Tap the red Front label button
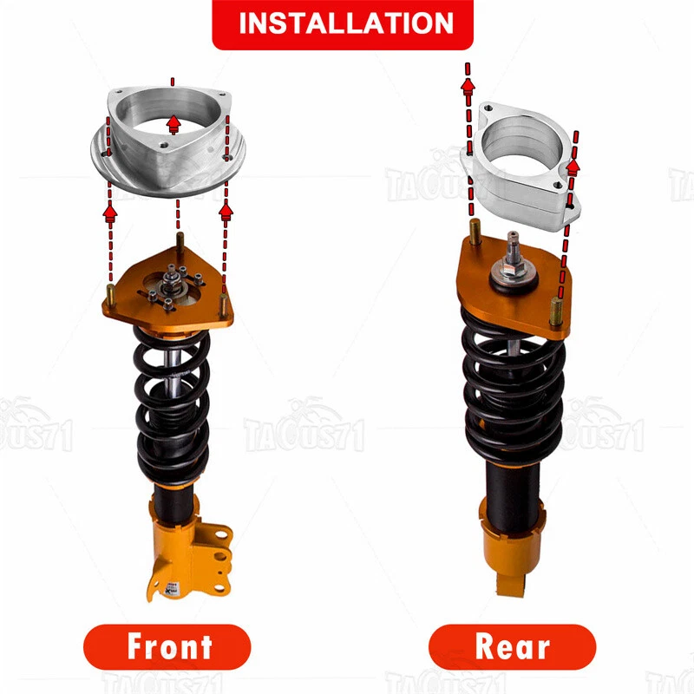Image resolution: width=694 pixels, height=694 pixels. coord(167,647)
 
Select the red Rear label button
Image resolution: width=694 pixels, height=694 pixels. coord(512,647)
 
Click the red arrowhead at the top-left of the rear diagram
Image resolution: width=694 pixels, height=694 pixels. coord(468,84)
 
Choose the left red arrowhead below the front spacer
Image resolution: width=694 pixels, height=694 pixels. coord(110,210)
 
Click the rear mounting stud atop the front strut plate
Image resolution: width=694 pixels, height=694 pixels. coord(179,242)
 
